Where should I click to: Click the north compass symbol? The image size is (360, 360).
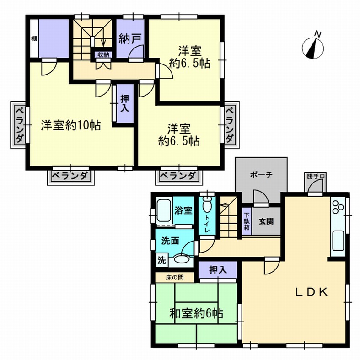pos(313,48)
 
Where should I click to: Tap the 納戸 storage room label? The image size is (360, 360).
pos(130,39)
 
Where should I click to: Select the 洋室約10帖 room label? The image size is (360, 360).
pos(71,125)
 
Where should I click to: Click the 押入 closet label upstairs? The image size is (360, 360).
pos(125,103)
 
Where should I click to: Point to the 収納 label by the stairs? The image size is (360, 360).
pos(103,54)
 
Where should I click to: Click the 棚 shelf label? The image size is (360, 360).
pos(34,38)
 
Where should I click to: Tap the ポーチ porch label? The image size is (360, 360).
pos(261,175)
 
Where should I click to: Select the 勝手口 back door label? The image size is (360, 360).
pos(316,176)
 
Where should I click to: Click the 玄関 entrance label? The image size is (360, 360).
pos(266,221)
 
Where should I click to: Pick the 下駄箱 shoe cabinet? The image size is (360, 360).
pos(247,221)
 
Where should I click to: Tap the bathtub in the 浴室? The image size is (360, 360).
pos(163,210)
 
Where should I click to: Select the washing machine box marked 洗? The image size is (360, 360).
pos(162,260)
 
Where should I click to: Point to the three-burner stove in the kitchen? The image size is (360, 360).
pos(338,208)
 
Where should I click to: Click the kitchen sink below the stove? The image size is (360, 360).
pos(338,241)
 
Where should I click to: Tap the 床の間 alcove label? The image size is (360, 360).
pos(175,278)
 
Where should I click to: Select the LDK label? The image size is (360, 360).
pos(311,292)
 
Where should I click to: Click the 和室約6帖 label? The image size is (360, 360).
pos(196,313)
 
